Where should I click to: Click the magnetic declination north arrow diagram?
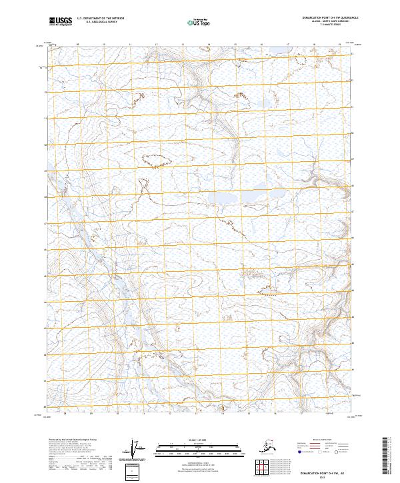tap(136, 450)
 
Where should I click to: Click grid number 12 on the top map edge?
tap(155, 45)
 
